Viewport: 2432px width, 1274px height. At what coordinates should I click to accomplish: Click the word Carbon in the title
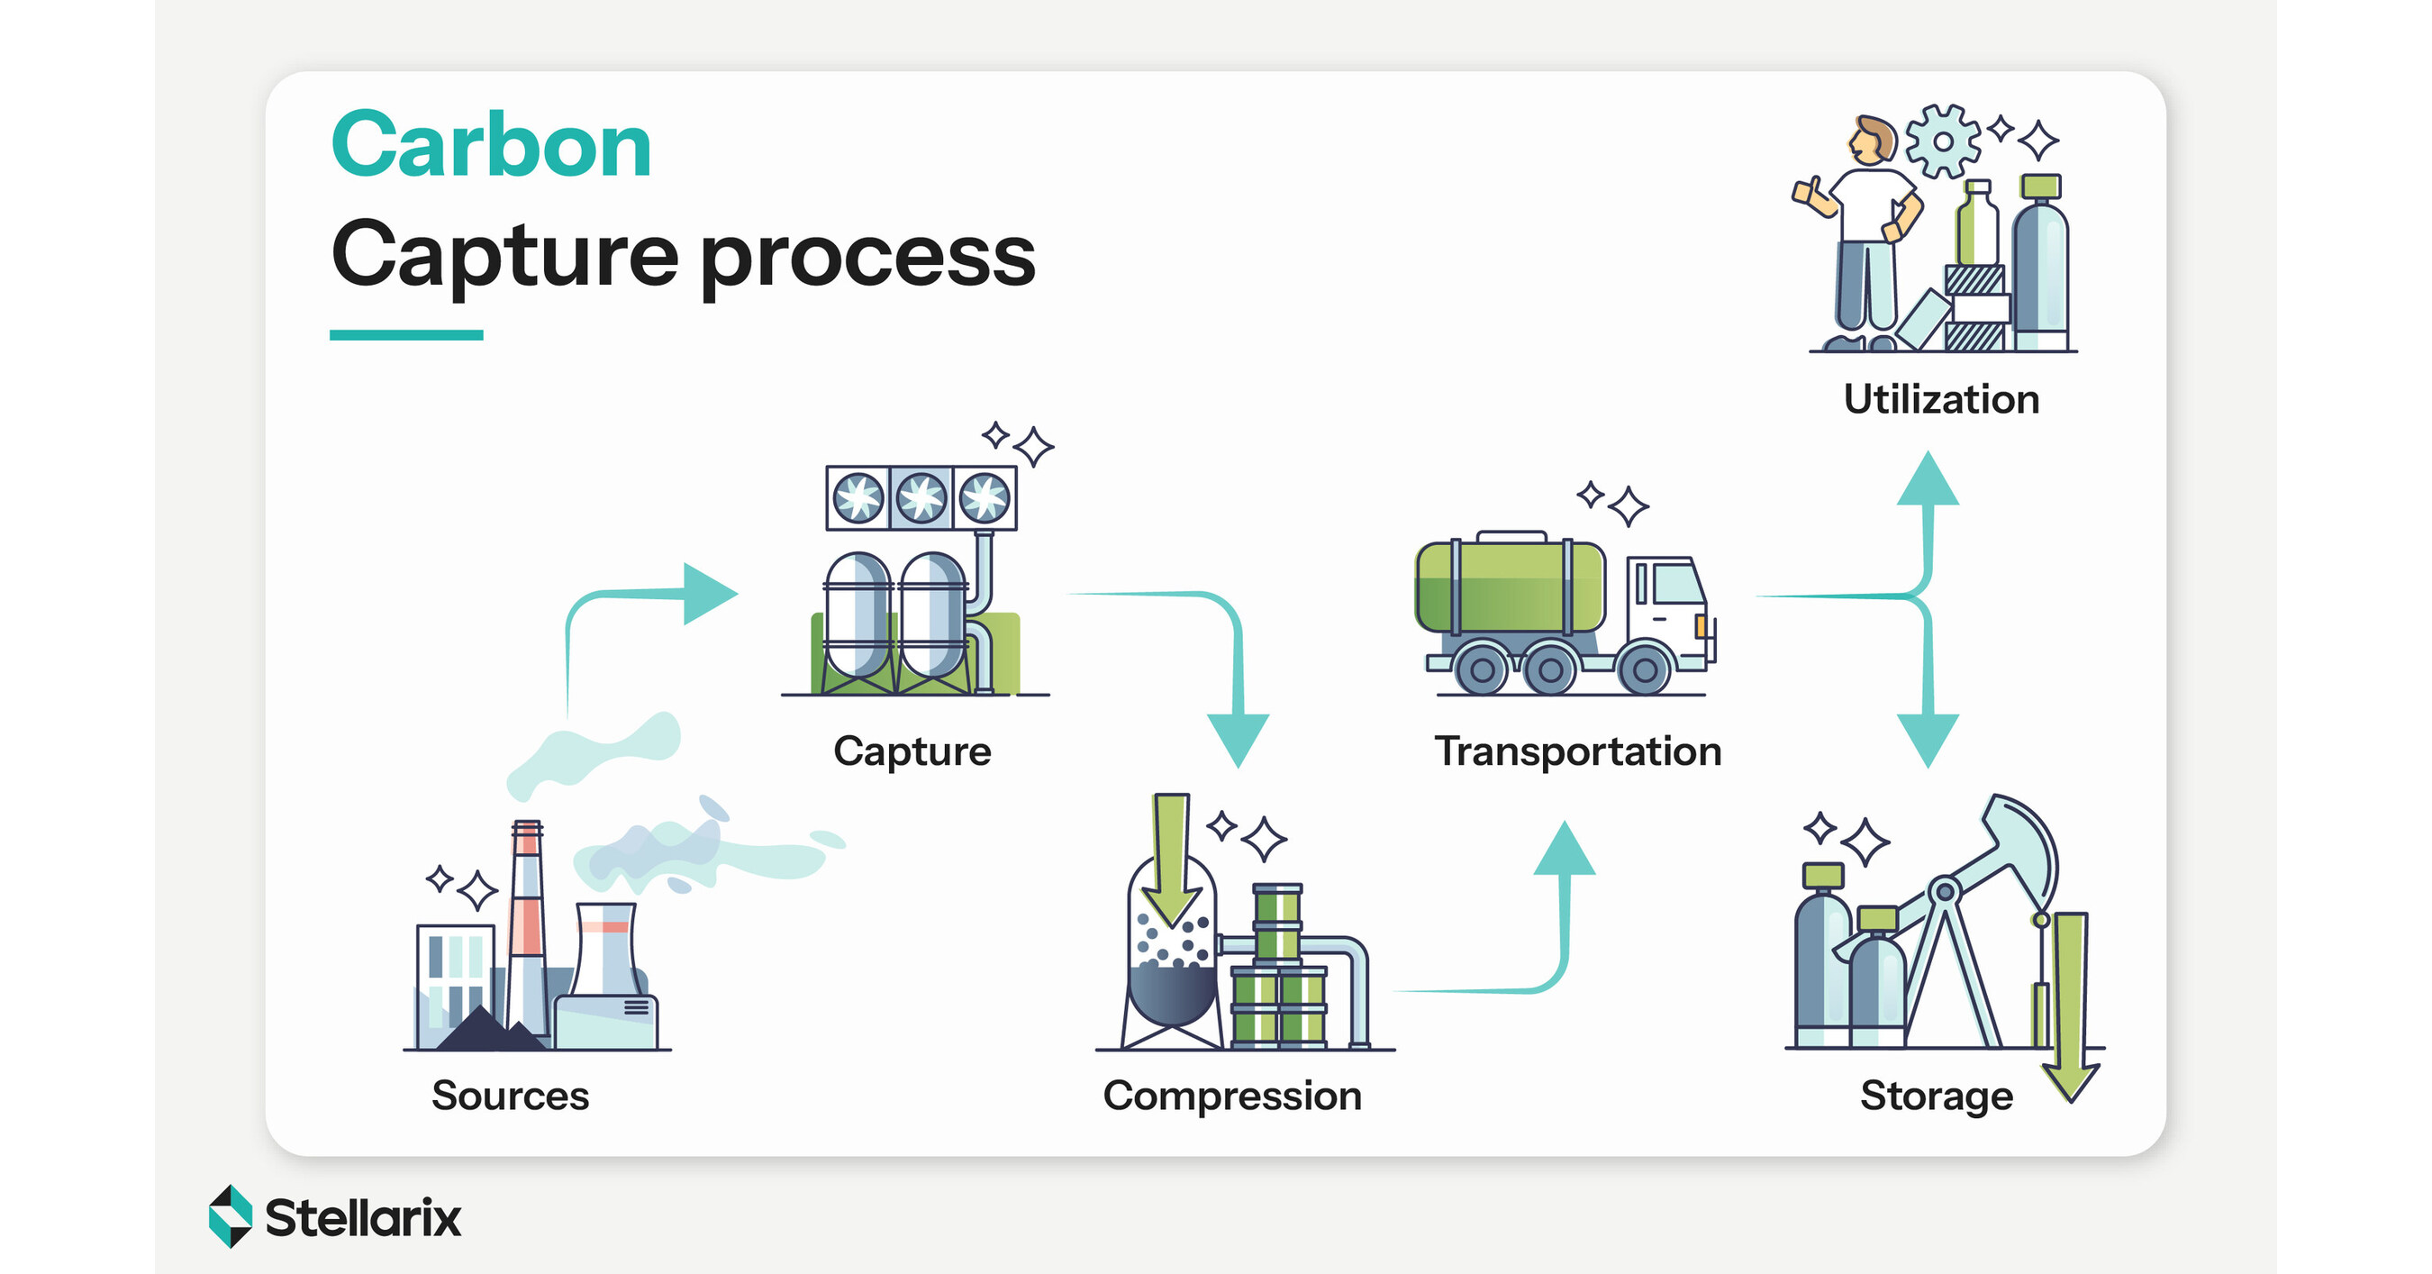[x=491, y=146]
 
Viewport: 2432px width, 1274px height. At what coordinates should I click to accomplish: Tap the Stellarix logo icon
[x=231, y=1216]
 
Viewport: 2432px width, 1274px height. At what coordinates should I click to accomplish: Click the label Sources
[x=510, y=1096]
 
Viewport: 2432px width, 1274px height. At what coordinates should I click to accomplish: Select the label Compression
[x=1232, y=1096]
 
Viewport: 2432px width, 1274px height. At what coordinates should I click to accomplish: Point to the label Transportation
[x=1577, y=751]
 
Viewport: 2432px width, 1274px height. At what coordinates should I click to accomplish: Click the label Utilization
[x=1941, y=399]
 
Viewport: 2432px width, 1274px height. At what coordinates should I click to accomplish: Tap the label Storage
[x=1936, y=1096]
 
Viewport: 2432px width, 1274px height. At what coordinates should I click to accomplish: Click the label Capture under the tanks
[x=912, y=751]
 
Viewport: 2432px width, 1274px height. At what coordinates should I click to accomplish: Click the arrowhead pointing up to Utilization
[x=1928, y=479]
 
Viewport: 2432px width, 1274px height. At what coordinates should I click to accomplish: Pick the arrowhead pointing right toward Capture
[x=708, y=594]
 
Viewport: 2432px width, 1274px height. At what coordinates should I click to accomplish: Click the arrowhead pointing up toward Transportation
[x=1565, y=850]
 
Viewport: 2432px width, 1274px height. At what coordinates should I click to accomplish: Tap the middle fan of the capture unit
[x=921, y=497]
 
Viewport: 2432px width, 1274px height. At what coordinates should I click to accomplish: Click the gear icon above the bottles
[x=1942, y=141]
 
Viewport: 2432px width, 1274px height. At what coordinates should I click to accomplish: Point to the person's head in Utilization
[x=1869, y=140]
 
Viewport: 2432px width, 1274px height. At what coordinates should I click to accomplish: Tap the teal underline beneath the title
[x=406, y=335]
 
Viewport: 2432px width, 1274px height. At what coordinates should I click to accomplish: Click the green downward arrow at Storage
[x=2071, y=1001]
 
